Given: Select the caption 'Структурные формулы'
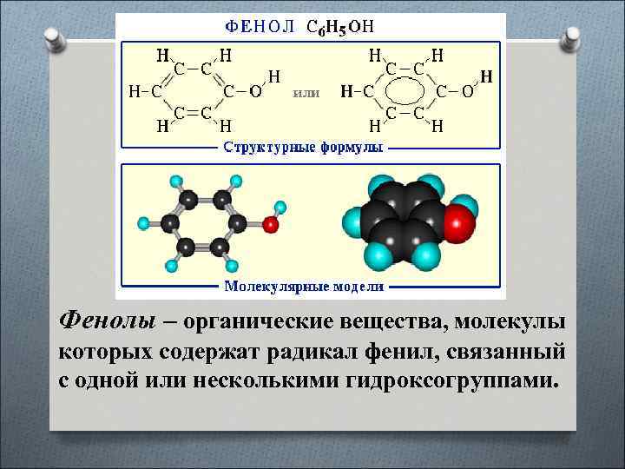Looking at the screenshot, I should point(303,149).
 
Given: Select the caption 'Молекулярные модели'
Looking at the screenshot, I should point(303,286).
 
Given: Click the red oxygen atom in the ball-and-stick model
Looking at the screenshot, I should point(271,225).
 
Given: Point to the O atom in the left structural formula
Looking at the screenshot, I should point(257,90).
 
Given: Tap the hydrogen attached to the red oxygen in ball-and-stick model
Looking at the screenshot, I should point(280,208).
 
